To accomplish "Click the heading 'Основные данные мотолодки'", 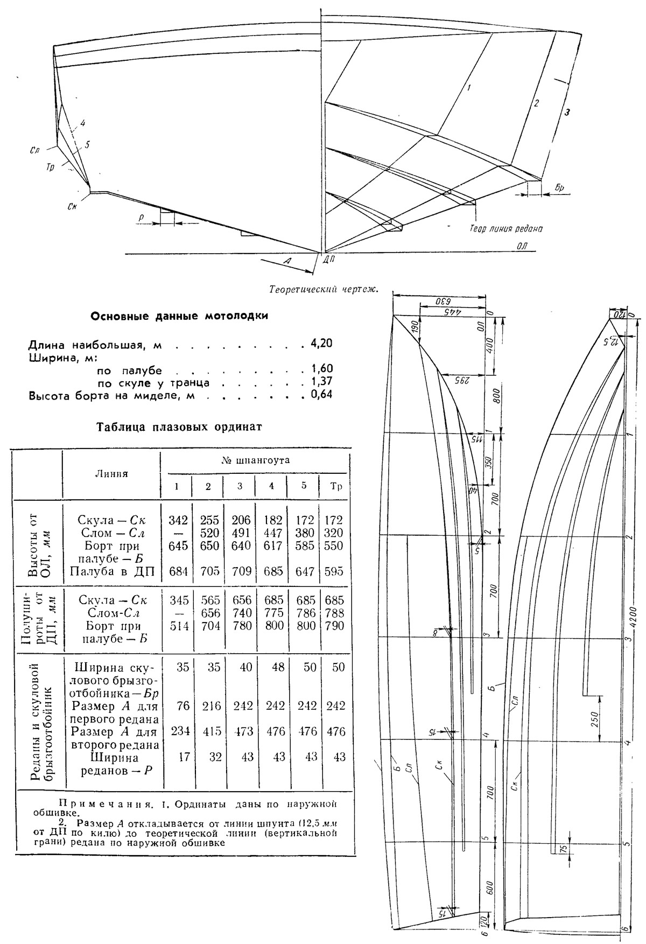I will (x=179, y=316).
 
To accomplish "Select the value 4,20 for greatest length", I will (x=322, y=343).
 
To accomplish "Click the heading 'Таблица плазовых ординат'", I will (x=179, y=428).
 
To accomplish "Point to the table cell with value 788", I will (x=336, y=613).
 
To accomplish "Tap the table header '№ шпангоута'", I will (x=256, y=460).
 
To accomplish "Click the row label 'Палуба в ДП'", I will (x=112, y=571).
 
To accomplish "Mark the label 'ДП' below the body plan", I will (x=329, y=260).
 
